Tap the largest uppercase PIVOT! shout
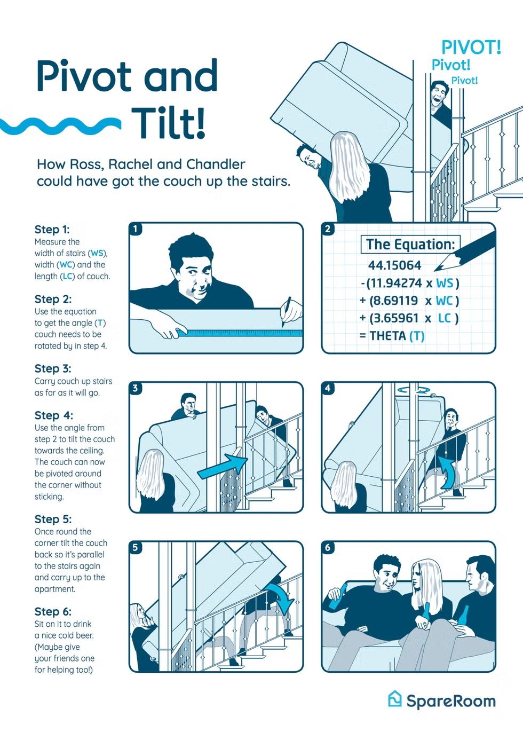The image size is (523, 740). [471, 47]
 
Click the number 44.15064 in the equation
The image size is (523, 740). [394, 265]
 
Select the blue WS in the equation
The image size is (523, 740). [445, 283]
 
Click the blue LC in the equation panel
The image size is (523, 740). [444, 318]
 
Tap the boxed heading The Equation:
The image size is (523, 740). [410, 245]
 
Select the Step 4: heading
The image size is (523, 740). [54, 415]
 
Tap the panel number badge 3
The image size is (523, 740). [135, 388]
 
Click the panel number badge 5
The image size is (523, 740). [135, 548]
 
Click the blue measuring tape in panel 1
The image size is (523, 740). [240, 333]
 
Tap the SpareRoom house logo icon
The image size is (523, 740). [395, 699]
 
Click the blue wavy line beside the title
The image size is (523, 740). [60, 126]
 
